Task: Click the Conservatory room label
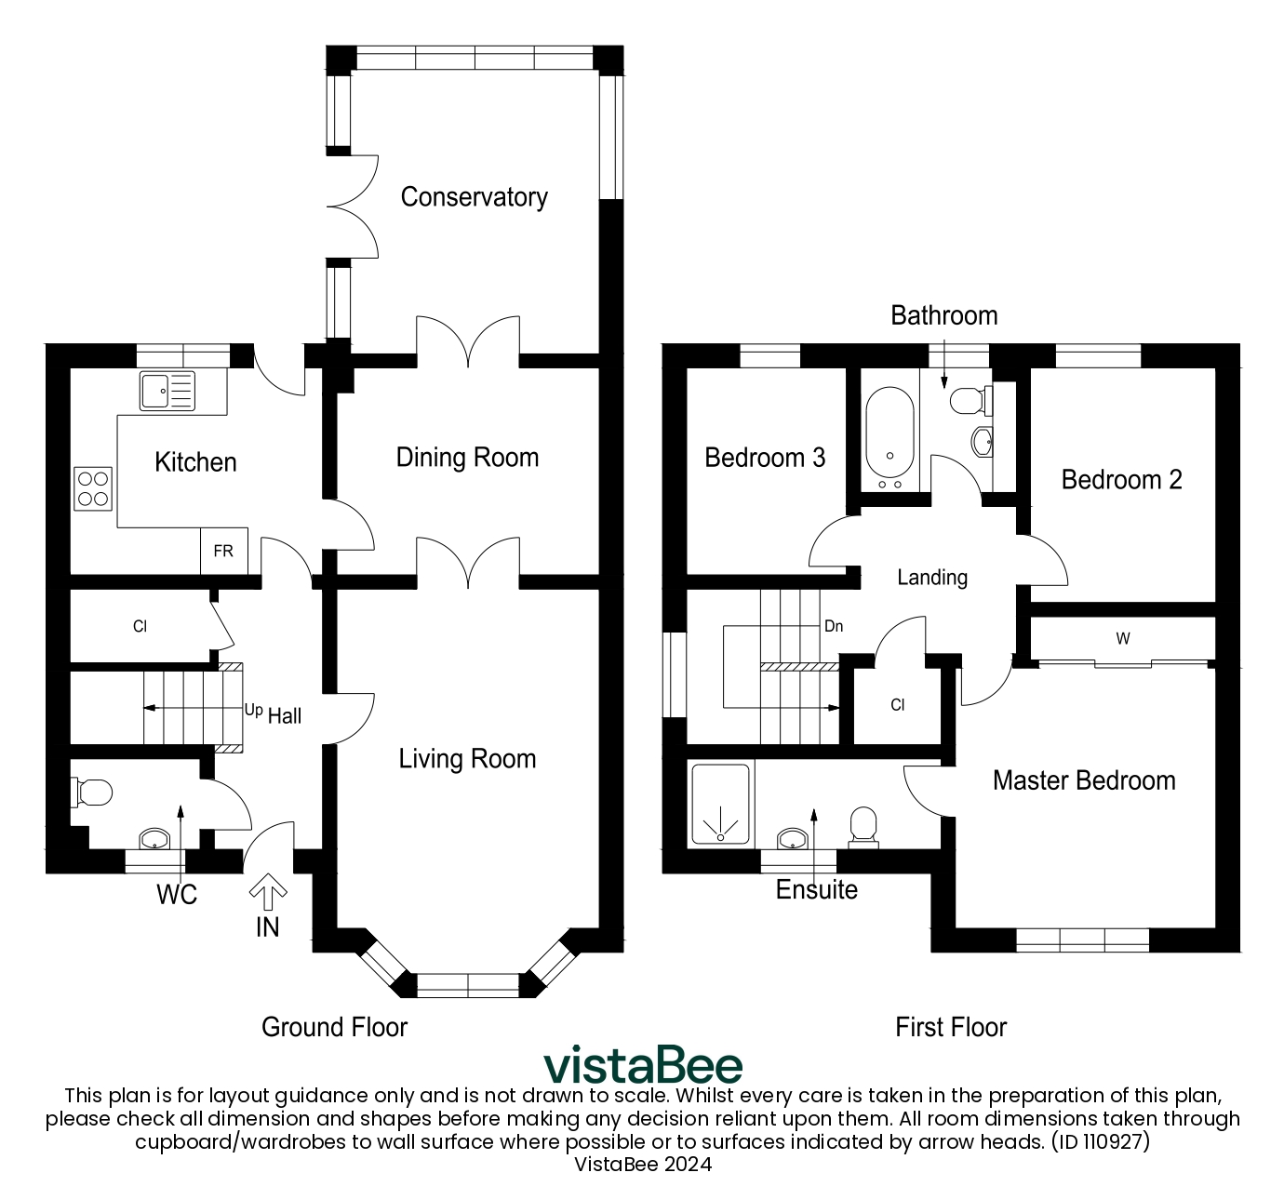pos(474,197)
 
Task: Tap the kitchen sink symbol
pos(167,391)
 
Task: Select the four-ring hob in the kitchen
pos(93,488)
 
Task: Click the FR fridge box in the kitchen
pos(223,552)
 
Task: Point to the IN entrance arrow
pos(268,893)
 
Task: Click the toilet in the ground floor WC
pos(92,793)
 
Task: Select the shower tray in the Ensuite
pos(720,806)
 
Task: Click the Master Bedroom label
pos(1084,780)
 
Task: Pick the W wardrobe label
pos(1123,639)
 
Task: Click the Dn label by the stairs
pos(834,626)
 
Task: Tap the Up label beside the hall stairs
pos(253,710)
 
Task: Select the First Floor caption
pos(951,1027)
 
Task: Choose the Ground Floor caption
pos(334,1027)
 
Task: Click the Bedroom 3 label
pos(765,458)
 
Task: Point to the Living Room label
pos(467,759)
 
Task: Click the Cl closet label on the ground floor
pos(140,627)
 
